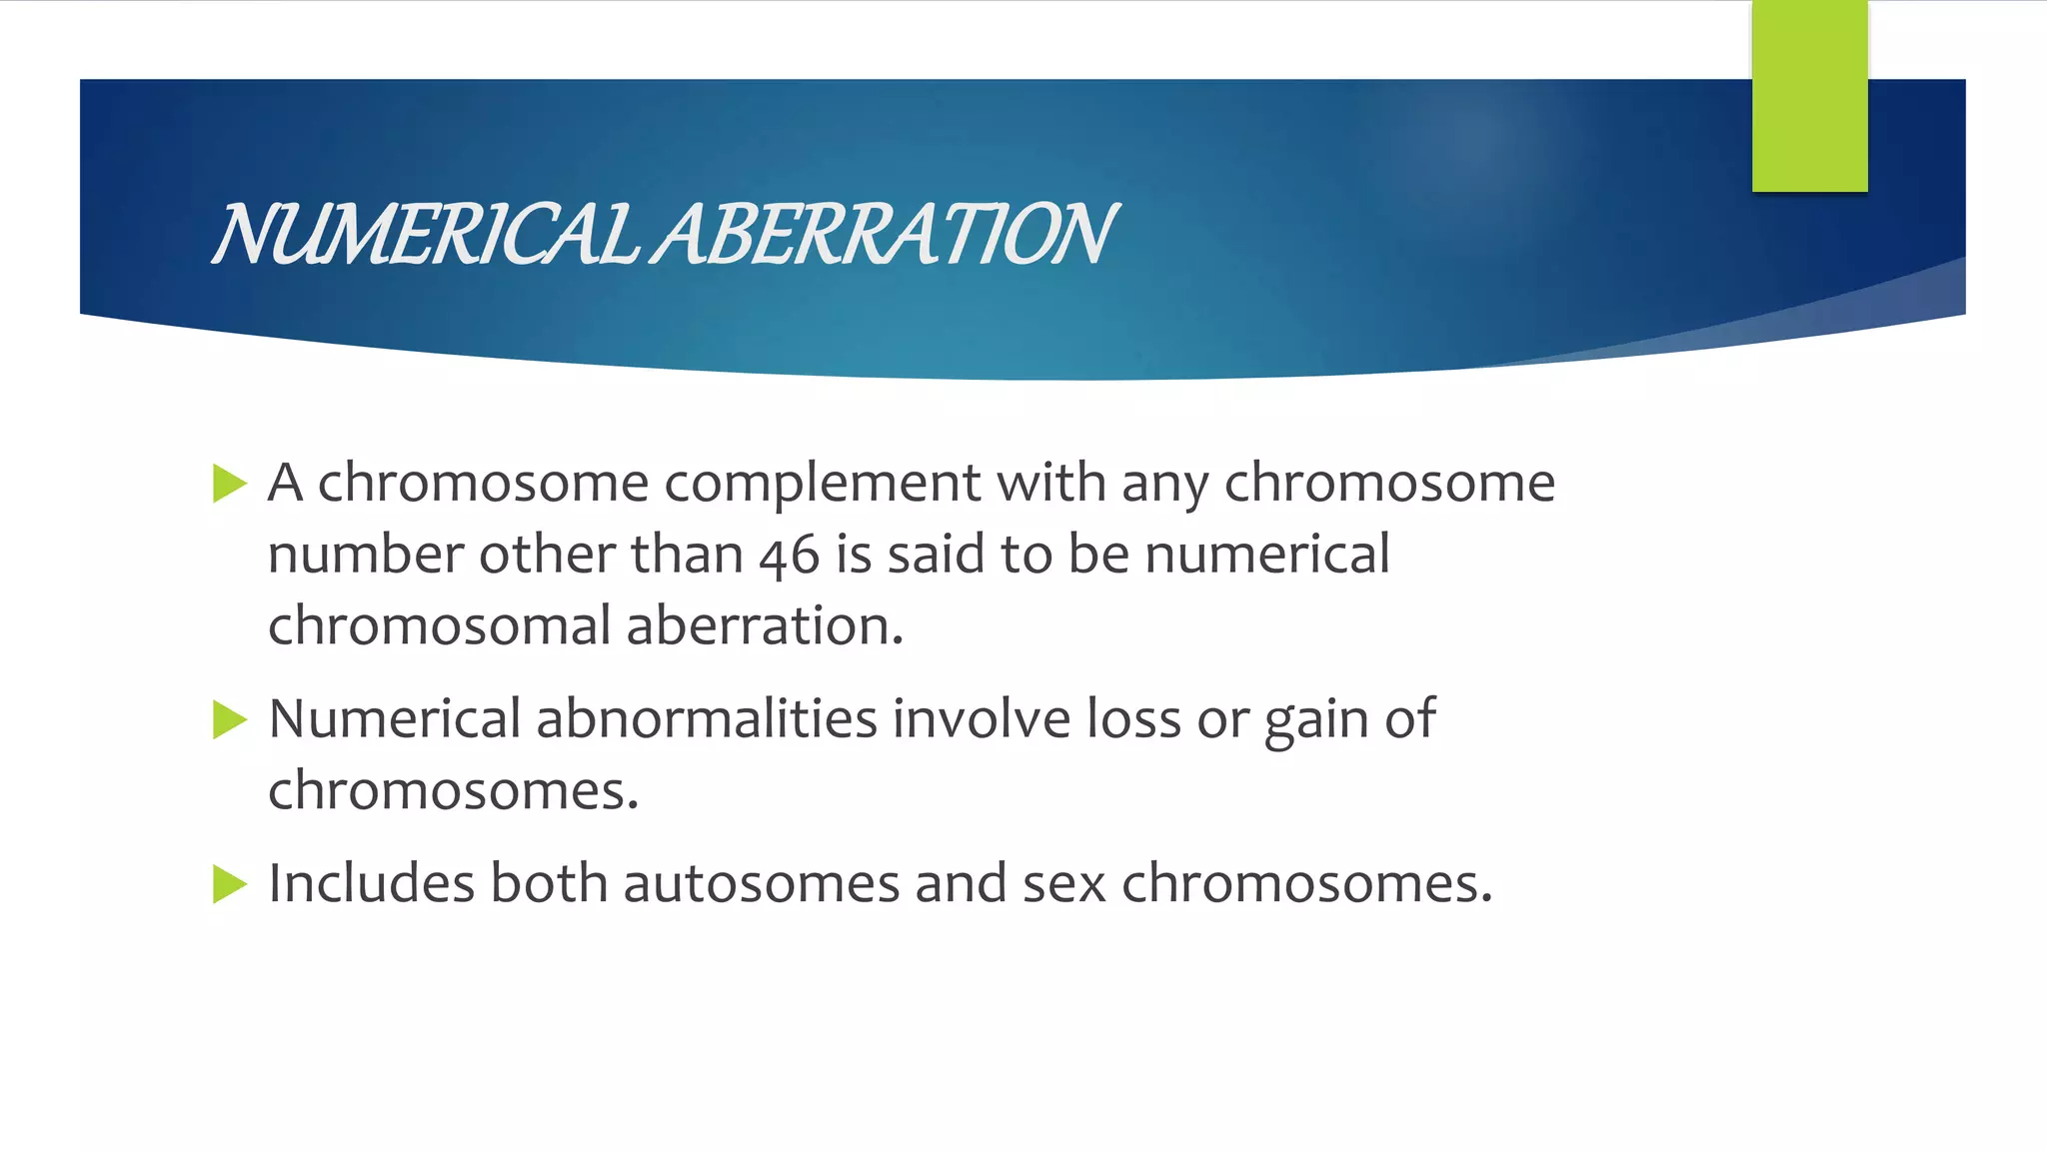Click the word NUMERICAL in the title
tap(425, 235)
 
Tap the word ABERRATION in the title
tap(885, 235)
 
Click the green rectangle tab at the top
tap(1809, 96)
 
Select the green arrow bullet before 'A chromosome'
tap(229, 485)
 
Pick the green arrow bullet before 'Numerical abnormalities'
tap(229, 720)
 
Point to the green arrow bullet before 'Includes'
tap(229, 884)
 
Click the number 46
tap(789, 556)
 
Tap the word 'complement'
tap(822, 485)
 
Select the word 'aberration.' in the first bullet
tap(765, 626)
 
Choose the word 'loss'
tap(1133, 719)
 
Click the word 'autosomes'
tap(762, 884)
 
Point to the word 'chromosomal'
tap(439, 626)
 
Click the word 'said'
tap(936, 556)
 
